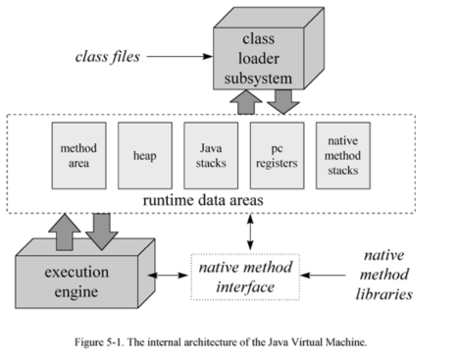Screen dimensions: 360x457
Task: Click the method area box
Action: coord(76,155)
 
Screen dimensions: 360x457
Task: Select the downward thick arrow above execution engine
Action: coord(102,231)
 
